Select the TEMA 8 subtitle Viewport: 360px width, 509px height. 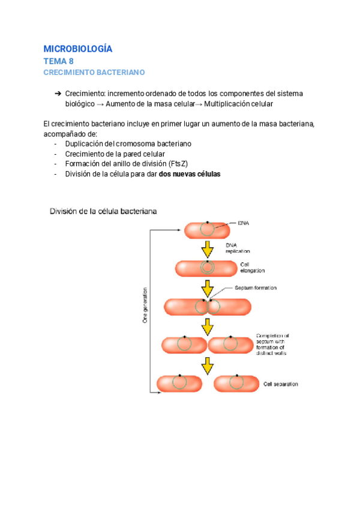[x=59, y=61]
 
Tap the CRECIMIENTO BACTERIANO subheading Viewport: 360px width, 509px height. [x=94, y=73]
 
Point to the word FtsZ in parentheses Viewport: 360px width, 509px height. [x=179, y=164]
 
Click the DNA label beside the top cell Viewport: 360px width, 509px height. [x=244, y=223]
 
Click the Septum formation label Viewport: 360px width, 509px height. [x=256, y=288]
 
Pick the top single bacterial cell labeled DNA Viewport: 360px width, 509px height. [x=206, y=230]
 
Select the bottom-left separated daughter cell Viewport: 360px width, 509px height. [x=179, y=382]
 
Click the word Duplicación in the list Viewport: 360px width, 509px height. [x=86, y=144]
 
